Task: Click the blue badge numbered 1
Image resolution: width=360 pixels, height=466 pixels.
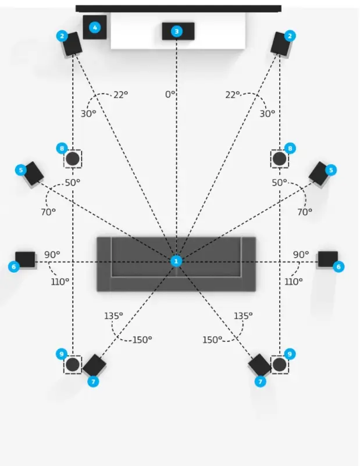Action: [x=176, y=261]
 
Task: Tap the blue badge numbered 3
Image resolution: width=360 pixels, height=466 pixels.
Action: [x=177, y=31]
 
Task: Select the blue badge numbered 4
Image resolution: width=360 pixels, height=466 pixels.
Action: [x=96, y=27]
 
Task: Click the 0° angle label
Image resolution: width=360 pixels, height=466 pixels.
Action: [x=170, y=94]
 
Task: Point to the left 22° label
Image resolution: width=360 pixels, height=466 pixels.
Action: [x=120, y=95]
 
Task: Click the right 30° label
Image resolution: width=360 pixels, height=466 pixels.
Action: [x=267, y=114]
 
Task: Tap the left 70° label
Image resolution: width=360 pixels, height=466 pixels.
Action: [x=48, y=212]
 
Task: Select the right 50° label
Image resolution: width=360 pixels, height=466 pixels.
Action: [x=280, y=182]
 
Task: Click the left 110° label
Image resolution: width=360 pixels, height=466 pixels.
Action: [x=60, y=281]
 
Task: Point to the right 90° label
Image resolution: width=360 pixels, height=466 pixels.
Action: [x=301, y=254]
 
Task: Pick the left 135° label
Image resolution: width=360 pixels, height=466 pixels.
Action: [x=113, y=315]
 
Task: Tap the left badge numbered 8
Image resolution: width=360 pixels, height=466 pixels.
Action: [x=62, y=148]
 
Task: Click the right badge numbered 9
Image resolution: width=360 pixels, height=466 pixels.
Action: [x=290, y=353]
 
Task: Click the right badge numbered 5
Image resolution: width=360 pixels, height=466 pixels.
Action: [x=331, y=170]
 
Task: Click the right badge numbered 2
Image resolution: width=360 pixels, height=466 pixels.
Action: [x=289, y=35]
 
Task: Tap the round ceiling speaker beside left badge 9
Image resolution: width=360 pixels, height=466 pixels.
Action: [x=73, y=365]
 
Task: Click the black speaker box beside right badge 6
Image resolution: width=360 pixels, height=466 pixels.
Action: [x=327, y=258]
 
